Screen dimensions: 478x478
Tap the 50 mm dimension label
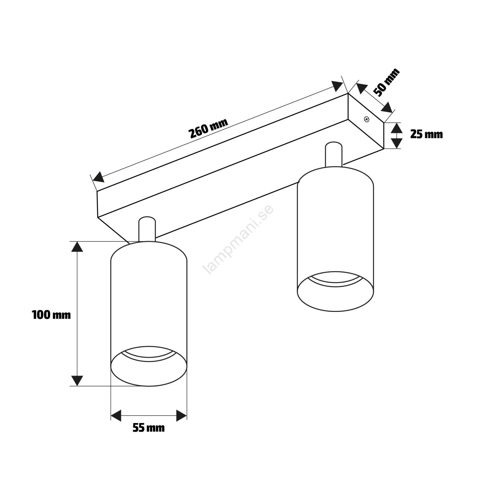pyautogui.click(x=387, y=82)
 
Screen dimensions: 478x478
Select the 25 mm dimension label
pyautogui.click(x=426, y=134)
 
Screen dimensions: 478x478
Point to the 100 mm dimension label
pyautogui.click(x=51, y=315)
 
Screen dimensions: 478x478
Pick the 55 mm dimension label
pyautogui.click(x=148, y=428)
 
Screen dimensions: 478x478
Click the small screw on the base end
pyautogui.click(x=367, y=119)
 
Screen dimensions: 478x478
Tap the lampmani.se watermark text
pyautogui.click(x=238, y=239)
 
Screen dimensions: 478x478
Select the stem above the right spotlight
pyautogui.click(x=334, y=154)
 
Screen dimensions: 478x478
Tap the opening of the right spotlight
pyautogui.click(x=335, y=291)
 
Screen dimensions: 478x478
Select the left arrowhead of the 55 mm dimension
pyautogui.click(x=116, y=416)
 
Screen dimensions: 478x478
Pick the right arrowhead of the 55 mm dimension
pyautogui.click(x=182, y=416)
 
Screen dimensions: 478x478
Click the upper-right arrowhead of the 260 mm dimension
pyautogui.click(x=338, y=86)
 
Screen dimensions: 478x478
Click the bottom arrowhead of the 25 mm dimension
pyautogui.click(x=396, y=143)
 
